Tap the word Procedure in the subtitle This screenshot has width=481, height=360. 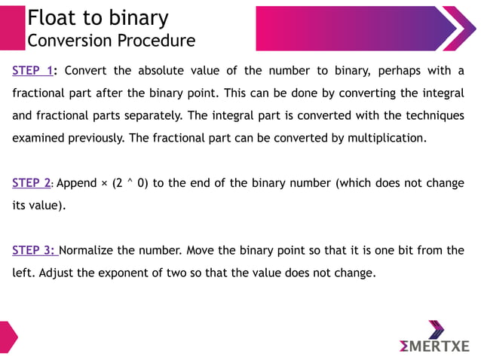158,40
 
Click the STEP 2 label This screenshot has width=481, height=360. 31,183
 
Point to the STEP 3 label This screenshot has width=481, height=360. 32,250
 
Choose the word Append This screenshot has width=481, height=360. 76,183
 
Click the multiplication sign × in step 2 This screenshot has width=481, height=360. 105,183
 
